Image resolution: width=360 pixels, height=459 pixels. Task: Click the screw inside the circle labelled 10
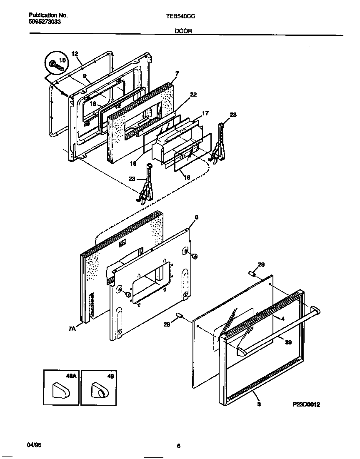[54, 65]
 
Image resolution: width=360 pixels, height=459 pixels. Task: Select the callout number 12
[75, 54]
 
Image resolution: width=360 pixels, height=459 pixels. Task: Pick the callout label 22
[193, 95]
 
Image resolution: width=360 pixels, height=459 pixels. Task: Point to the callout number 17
[205, 113]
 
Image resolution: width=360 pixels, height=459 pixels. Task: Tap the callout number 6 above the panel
[196, 217]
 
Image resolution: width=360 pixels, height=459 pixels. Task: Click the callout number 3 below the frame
[259, 404]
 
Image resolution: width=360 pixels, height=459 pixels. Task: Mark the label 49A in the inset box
[71, 376]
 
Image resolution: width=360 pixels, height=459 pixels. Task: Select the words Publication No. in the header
[48, 15]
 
